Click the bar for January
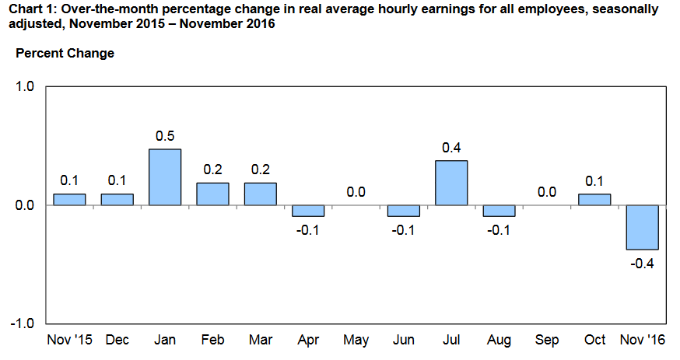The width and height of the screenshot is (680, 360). pyautogui.click(x=165, y=177)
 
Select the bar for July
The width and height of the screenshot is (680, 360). pyautogui.click(x=451, y=183)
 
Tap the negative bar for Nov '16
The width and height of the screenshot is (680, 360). pyautogui.click(x=643, y=228)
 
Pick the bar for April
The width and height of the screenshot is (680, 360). pyautogui.click(x=308, y=211)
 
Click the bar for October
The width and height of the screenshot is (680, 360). pyautogui.click(x=594, y=200)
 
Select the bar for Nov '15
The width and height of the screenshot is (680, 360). pyautogui.click(x=69, y=200)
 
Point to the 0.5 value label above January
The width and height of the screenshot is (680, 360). pyautogui.click(x=165, y=136)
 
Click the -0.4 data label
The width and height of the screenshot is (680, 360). pyautogui.click(x=642, y=264)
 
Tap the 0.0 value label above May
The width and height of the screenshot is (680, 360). pyautogui.click(x=356, y=192)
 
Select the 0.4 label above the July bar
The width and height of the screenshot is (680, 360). pyautogui.click(x=451, y=148)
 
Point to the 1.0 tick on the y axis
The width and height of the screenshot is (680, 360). pyautogui.click(x=25, y=86)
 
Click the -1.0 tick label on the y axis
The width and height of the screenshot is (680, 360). pyautogui.click(x=23, y=323)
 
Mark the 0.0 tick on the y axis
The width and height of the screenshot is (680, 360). pyautogui.click(x=25, y=205)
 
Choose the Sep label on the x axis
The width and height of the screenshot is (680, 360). pyautogui.click(x=547, y=340)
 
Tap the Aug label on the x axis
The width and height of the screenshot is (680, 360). pyautogui.click(x=499, y=341)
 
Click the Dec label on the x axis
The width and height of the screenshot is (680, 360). pyautogui.click(x=117, y=340)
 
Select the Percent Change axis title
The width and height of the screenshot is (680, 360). pyautogui.click(x=65, y=54)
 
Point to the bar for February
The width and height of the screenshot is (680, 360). pyautogui.click(x=212, y=194)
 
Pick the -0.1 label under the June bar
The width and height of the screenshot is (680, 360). pyautogui.click(x=403, y=230)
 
